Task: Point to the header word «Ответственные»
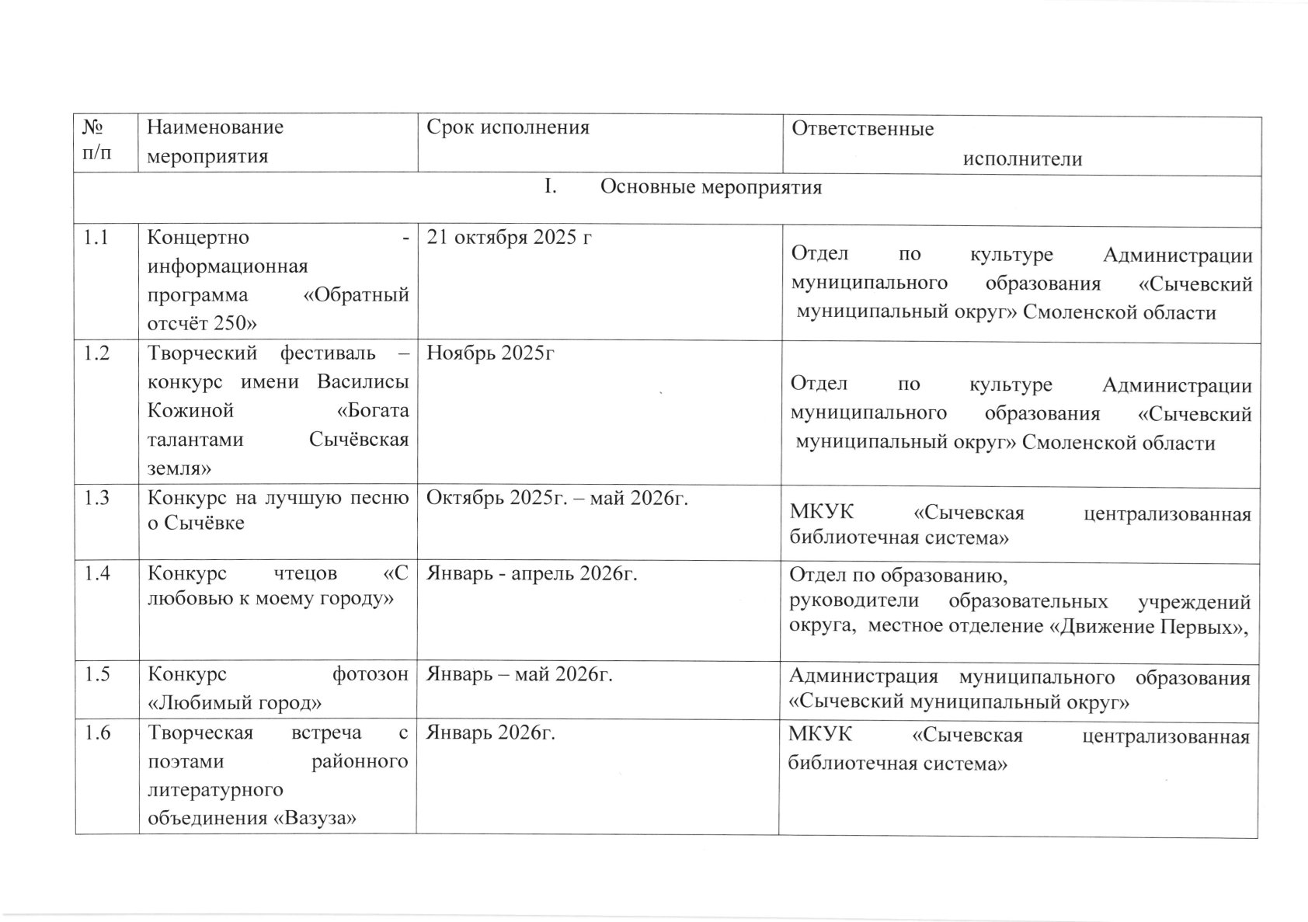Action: (x=862, y=129)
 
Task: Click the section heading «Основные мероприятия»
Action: (x=711, y=188)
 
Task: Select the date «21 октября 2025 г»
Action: (x=508, y=237)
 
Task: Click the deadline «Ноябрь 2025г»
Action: (x=489, y=353)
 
